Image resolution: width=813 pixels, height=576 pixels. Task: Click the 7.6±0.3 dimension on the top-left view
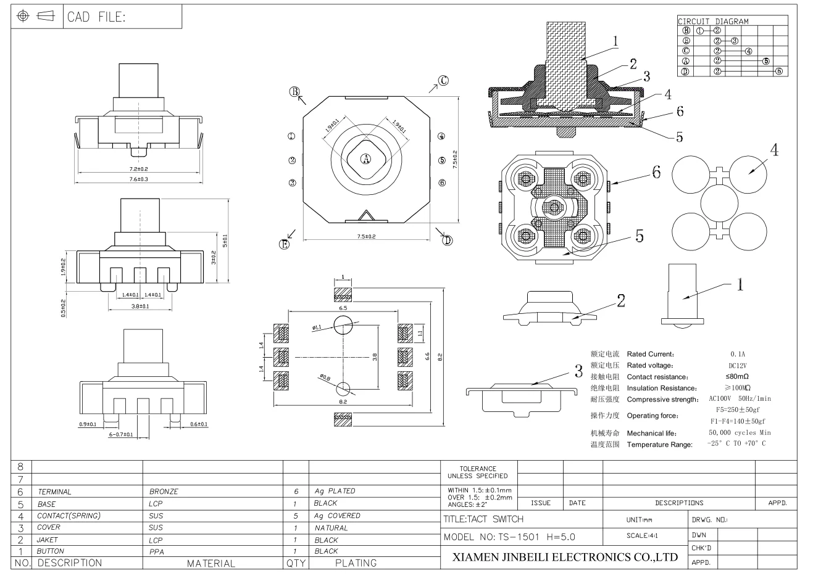pos(139,179)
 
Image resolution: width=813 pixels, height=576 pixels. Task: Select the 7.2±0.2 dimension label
pos(139,168)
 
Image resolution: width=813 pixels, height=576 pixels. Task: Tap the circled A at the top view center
pos(365,159)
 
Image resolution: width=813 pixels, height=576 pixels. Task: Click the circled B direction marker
pos(295,92)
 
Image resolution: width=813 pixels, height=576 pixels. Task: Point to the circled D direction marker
pos(448,240)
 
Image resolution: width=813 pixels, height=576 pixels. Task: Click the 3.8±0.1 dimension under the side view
pos(140,306)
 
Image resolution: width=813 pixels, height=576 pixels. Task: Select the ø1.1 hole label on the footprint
pos(317,328)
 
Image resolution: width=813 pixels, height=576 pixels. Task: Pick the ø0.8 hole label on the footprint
pos(325,377)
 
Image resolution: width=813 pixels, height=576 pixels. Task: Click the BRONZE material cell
pos(164,492)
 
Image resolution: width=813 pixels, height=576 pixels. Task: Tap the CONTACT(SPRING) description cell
pos(69,516)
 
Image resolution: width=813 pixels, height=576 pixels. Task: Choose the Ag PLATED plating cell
pos(335,492)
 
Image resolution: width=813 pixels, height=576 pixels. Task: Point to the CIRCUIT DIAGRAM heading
pos(713,21)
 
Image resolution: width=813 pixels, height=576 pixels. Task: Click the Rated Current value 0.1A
pos(738,355)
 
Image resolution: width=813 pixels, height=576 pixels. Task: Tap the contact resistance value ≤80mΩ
pos(737,377)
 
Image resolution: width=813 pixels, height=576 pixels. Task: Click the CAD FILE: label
pos(96,17)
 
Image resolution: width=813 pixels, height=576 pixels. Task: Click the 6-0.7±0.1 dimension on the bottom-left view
pos(120,435)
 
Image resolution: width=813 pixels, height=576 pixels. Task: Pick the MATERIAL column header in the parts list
pos(212,563)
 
